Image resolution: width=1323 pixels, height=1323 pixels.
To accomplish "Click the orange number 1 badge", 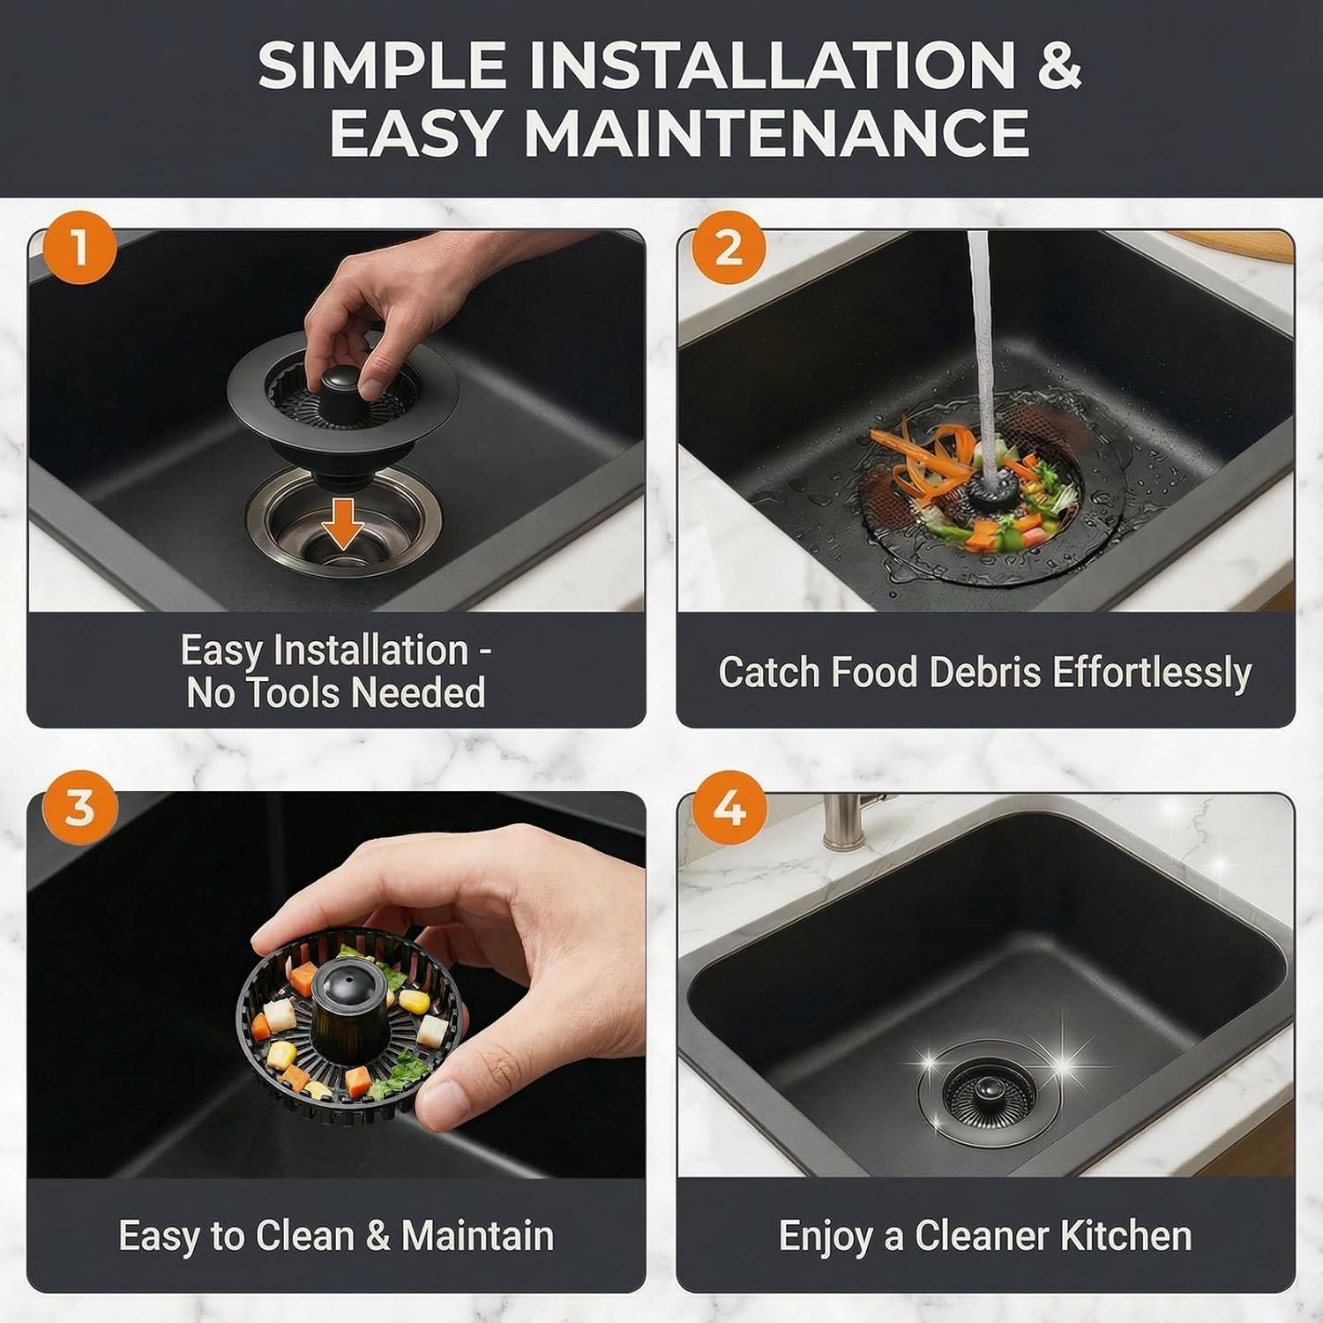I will (x=79, y=248).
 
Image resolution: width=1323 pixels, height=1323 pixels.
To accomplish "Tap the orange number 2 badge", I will (x=728, y=248).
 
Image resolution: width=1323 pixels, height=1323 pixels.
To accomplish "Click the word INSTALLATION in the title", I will (x=773, y=65).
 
